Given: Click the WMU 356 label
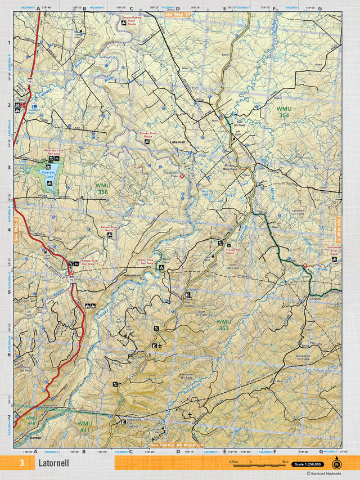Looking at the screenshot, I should point(102,189).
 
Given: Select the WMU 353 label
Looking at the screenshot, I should point(223,325).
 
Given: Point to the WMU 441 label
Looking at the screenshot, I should point(84,426).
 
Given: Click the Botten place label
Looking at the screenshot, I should point(37,436).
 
